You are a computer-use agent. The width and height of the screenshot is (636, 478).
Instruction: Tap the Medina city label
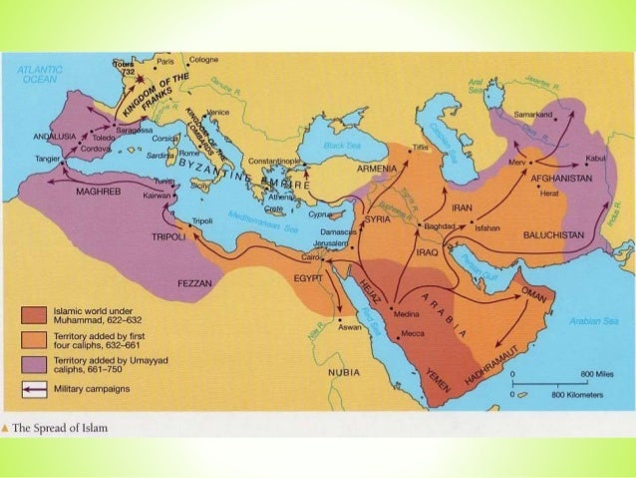(407, 313)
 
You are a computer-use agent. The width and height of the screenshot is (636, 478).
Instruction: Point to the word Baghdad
(439, 227)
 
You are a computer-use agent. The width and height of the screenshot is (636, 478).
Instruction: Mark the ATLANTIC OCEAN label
(40, 74)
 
